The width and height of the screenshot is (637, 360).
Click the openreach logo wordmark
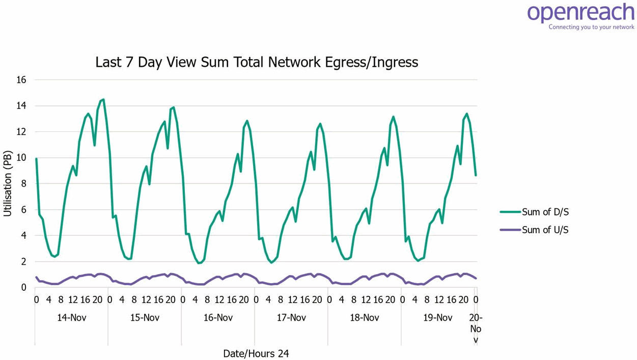580,13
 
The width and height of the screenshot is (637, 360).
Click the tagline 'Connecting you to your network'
591,27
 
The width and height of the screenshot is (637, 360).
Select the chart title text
257,62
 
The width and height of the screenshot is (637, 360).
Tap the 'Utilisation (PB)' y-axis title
8,183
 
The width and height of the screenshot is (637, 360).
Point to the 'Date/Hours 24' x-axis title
256,353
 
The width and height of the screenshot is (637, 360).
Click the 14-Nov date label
71,318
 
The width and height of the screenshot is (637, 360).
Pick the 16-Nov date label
218,318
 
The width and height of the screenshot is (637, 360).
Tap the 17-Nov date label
291,318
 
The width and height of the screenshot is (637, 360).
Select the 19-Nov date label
438,318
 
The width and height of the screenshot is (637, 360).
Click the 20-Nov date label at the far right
476,328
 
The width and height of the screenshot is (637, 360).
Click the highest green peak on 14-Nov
103,100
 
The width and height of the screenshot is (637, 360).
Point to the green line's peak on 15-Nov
174,107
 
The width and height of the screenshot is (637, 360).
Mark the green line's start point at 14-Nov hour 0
36,159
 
